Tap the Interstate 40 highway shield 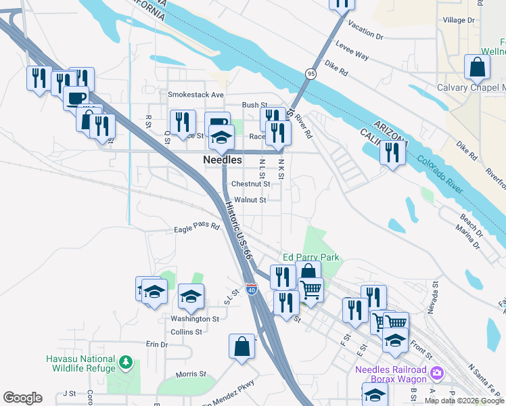(x=251, y=290)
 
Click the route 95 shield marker (x=310, y=73)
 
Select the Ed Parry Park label (x=310, y=257)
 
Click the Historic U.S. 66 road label (x=238, y=230)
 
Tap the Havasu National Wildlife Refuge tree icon (x=125, y=363)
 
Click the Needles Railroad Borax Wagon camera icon (x=436, y=372)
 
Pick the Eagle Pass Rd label (x=197, y=227)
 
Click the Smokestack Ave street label (x=195, y=95)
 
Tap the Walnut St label (x=251, y=200)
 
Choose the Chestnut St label (x=250, y=183)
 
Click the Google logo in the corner (x=22, y=398)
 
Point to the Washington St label (x=195, y=318)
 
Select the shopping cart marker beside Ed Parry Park (x=310, y=290)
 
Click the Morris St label (x=191, y=374)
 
